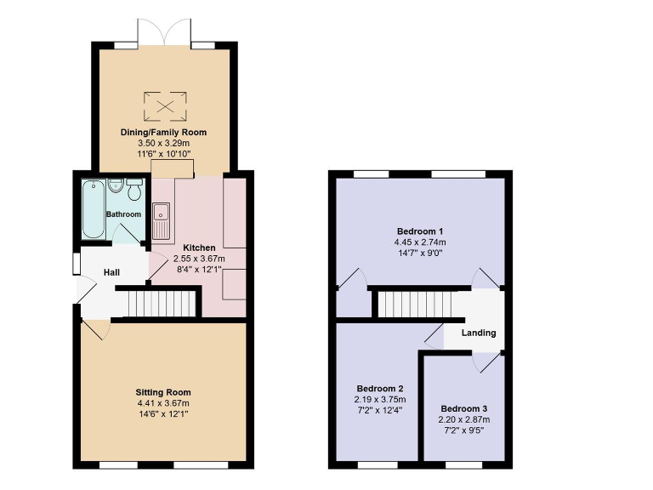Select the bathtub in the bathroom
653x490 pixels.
92,208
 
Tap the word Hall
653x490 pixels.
111,272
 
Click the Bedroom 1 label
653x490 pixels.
420,231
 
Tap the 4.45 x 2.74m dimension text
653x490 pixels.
420,242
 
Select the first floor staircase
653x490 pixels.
412,303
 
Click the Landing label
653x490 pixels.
479,333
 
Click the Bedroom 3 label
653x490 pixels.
465,408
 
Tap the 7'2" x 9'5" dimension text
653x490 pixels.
465,430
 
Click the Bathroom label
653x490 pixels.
123,214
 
